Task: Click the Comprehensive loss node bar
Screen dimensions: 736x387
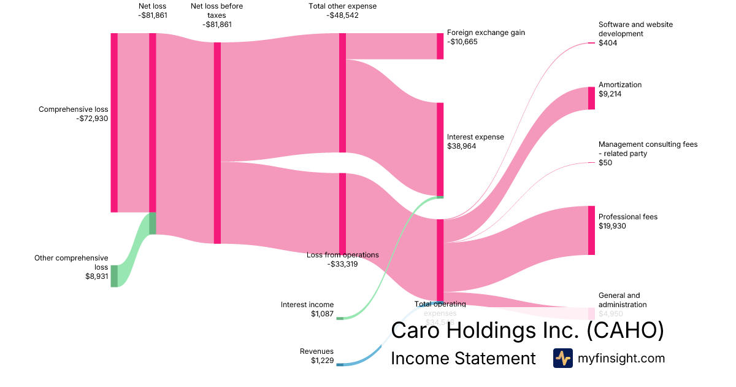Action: click(114, 122)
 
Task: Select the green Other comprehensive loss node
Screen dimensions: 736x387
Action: click(114, 276)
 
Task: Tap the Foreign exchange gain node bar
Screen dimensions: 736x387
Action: click(440, 46)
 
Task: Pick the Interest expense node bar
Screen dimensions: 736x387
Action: click(440, 149)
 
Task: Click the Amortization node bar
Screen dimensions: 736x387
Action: click(591, 98)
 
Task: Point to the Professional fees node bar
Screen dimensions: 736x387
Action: click(591, 230)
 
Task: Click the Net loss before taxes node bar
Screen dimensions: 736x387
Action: click(217, 143)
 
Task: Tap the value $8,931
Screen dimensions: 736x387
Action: click(97, 276)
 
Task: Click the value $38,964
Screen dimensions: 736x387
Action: click(461, 146)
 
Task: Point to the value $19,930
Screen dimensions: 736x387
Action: click(613, 226)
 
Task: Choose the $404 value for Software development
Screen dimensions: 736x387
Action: click(608, 43)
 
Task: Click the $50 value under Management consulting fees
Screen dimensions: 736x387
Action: click(605, 163)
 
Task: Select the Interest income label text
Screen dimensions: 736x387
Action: click(307, 305)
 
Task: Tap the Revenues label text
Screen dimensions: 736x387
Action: click(316, 351)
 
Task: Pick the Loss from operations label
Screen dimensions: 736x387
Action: click(343, 255)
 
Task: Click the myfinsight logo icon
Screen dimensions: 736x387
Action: click(562, 358)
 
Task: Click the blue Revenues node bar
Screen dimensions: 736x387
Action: click(340, 365)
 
